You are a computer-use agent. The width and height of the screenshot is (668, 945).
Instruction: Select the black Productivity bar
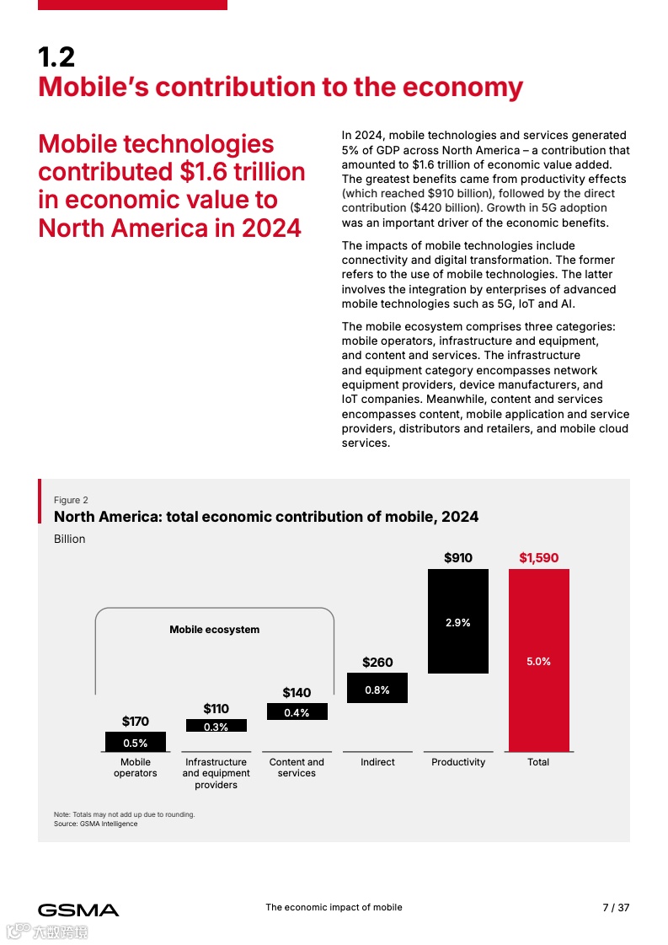point(457,621)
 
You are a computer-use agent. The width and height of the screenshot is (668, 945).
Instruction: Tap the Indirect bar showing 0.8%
point(377,688)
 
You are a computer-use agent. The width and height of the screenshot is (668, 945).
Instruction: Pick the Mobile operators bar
point(135,742)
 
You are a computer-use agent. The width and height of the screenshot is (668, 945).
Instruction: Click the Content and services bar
point(297,712)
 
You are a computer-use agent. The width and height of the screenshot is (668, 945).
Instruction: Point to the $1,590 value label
point(538,558)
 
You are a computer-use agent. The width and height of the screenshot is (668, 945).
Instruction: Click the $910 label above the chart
point(458,558)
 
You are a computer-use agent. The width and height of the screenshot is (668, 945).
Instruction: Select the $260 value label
point(377,663)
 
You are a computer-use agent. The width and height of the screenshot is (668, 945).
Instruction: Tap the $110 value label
point(216,709)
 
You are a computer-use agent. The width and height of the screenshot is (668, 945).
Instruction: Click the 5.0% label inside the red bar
point(538,662)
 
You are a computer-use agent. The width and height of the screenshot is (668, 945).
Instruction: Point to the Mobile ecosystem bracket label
point(214,630)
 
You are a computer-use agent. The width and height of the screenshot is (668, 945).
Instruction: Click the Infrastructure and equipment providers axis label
point(216,773)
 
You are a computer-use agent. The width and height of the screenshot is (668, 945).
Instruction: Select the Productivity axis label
point(458,762)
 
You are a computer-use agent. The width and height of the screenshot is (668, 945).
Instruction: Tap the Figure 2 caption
point(71,500)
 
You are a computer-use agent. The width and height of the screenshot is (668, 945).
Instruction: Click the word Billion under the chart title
point(70,540)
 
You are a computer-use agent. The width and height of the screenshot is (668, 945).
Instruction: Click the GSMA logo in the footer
point(78,910)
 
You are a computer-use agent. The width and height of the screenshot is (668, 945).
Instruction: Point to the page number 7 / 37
point(616,908)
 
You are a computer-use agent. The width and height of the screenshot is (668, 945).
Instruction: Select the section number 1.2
point(56,57)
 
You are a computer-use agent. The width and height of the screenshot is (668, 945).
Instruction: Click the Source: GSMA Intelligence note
point(95,824)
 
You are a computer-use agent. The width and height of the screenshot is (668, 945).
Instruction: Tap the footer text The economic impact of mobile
point(334,908)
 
